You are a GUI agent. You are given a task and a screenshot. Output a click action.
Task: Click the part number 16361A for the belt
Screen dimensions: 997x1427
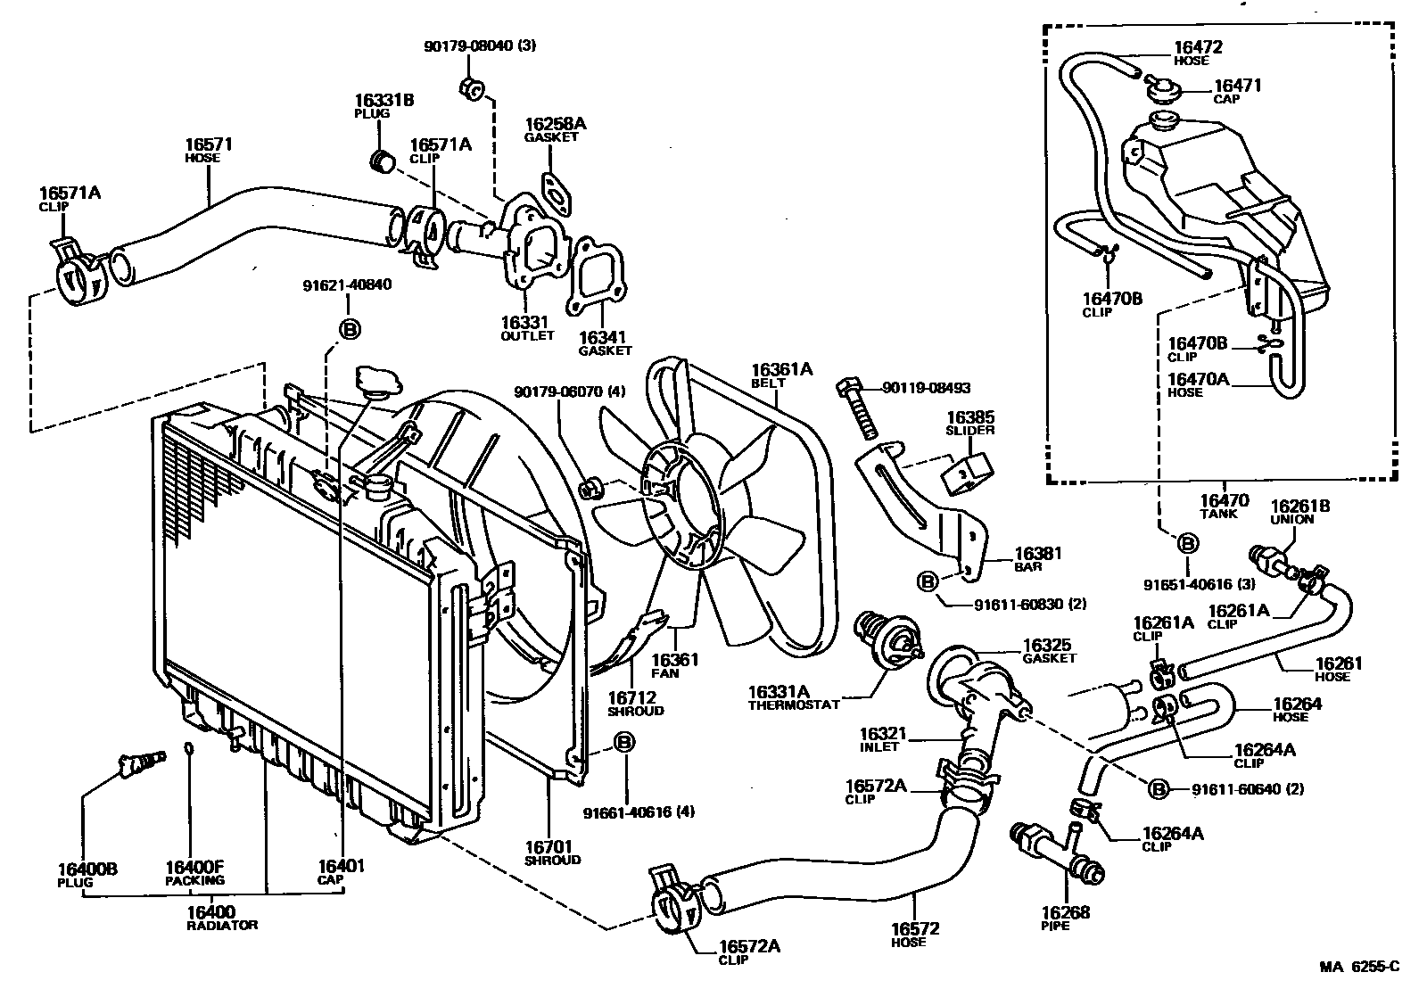(781, 369)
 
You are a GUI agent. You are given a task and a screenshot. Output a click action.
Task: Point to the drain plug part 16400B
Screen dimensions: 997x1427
(141, 763)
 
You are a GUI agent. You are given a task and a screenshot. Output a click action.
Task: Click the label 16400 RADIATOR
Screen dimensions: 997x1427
(211, 918)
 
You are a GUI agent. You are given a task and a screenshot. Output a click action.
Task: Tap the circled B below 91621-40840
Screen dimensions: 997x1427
(350, 330)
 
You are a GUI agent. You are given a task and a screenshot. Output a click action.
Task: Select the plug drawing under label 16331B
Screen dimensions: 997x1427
(382, 163)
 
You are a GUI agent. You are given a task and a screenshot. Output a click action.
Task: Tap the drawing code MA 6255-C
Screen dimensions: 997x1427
(1359, 966)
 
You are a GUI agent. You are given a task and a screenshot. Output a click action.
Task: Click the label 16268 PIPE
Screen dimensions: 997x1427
(1065, 918)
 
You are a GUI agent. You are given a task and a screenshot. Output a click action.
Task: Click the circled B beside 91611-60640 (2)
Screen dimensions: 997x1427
(1157, 789)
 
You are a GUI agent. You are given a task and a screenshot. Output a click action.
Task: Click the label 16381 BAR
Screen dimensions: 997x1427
(1038, 559)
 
